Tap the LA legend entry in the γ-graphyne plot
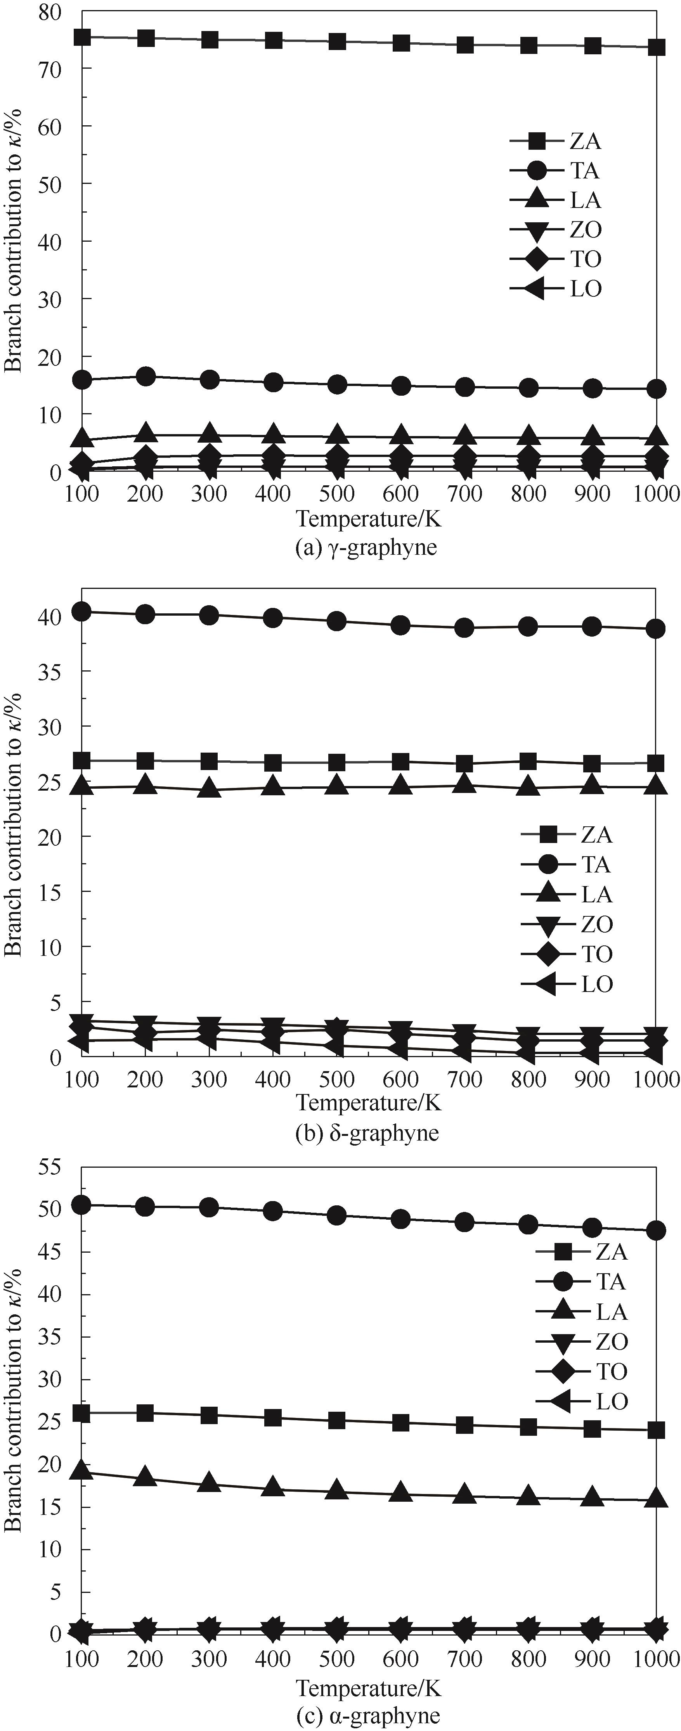[555, 200]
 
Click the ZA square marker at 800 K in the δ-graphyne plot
[529, 762]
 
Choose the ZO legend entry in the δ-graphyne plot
[567, 924]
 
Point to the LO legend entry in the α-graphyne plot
[582, 1402]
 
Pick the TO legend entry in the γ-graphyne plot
[555, 260]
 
